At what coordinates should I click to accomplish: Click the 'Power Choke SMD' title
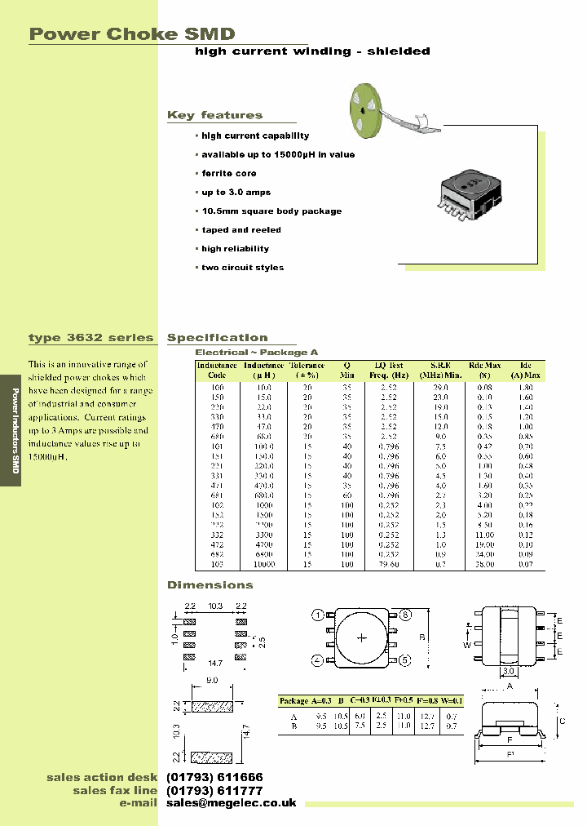(x=132, y=33)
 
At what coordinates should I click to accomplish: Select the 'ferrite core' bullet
(x=228, y=174)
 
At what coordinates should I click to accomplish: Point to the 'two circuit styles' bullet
(x=242, y=268)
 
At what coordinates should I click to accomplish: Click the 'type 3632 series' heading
(x=90, y=338)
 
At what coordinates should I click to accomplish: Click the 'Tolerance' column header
(x=307, y=370)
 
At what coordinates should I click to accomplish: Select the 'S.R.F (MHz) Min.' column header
(x=441, y=370)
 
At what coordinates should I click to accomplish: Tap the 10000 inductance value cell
(x=263, y=564)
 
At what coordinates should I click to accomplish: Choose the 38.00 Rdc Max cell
(x=485, y=564)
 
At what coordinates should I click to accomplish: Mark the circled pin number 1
(x=318, y=615)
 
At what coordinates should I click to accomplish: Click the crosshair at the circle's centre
(x=360, y=637)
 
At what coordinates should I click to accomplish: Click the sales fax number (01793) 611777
(x=214, y=791)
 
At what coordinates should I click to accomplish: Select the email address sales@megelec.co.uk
(x=232, y=804)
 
